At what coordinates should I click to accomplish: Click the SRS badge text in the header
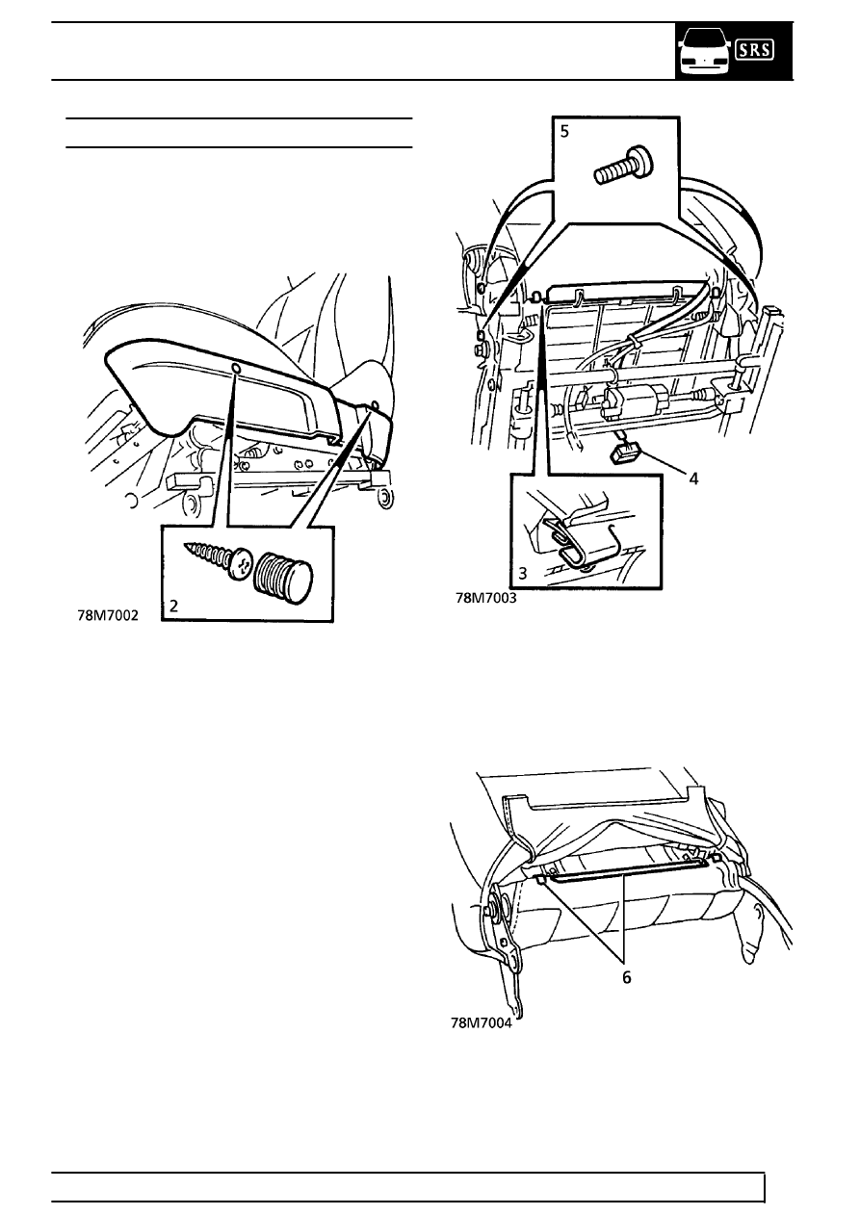pos(754,50)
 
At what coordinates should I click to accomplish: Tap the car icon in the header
pos(704,52)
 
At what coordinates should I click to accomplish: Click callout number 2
pos(173,606)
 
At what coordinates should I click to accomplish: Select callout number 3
pos(523,574)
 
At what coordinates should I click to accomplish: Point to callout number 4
pos(693,478)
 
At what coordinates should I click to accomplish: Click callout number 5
pos(565,131)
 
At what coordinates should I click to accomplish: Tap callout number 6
pos(627,977)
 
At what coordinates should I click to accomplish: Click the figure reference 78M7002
pos(108,615)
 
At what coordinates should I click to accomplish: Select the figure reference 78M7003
pos(486,598)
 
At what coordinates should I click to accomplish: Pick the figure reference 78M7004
pos(482,1023)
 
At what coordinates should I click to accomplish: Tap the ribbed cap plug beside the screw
pos(283,575)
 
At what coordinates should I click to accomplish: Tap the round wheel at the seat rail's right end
pos(384,497)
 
